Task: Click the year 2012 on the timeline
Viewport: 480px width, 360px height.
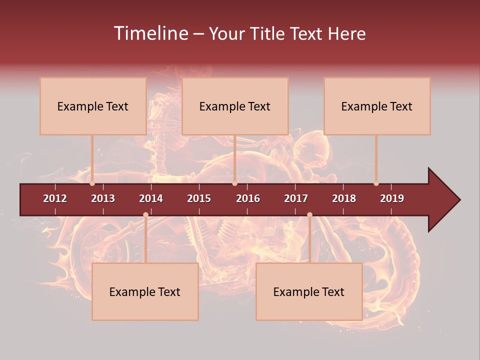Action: [x=55, y=198]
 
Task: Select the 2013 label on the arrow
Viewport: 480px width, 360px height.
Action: [x=103, y=198]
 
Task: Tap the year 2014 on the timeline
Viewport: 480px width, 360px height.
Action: [x=151, y=198]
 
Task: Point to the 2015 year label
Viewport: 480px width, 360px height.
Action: [x=199, y=198]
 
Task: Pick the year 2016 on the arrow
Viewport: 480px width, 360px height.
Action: [x=248, y=198]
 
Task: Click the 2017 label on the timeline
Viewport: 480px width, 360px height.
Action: [x=296, y=198]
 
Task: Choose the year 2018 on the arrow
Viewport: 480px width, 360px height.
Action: [x=344, y=198]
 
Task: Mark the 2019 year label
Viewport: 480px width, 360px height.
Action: [x=392, y=198]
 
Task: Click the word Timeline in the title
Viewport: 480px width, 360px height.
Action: [x=150, y=33]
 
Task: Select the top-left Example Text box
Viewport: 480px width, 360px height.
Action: [x=93, y=106]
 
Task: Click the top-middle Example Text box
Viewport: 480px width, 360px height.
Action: [x=235, y=106]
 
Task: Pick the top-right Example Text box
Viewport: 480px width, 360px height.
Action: [x=377, y=106]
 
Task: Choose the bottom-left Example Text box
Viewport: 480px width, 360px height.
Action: [x=145, y=291]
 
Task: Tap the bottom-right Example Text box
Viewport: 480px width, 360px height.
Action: [x=309, y=291]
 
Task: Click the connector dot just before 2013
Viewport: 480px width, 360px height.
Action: [x=92, y=183]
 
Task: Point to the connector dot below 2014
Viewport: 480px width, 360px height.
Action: [x=145, y=215]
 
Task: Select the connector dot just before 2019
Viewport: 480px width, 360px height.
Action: [x=376, y=183]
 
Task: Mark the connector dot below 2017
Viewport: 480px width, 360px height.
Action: [x=309, y=215]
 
